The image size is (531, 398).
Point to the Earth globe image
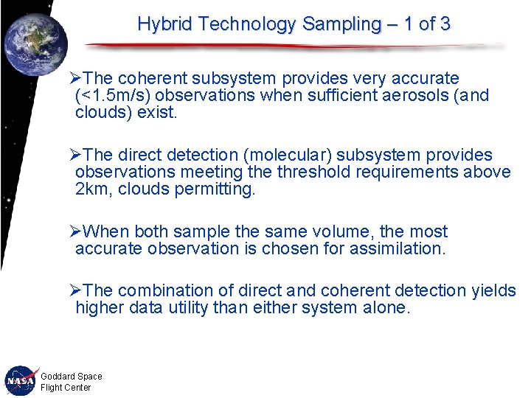pos(35,43)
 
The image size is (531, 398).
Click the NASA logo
pos(21,380)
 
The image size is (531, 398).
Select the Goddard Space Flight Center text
pos(71,382)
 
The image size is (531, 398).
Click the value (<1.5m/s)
pos(111,96)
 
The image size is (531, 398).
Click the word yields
pos(494,290)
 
